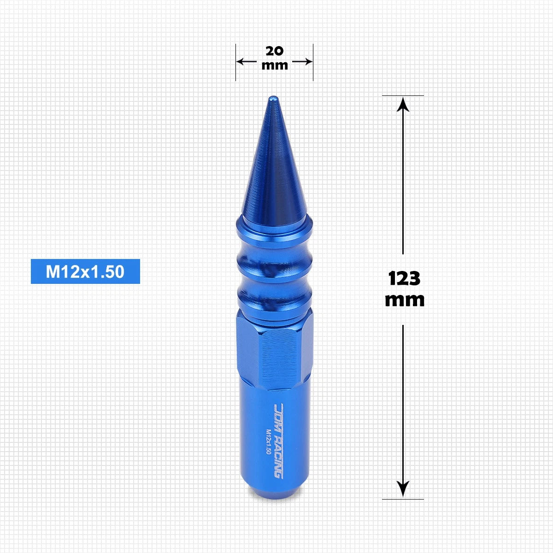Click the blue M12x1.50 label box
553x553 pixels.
[x=85, y=271]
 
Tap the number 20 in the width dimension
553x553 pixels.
[x=275, y=51]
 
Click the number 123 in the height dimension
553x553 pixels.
[x=404, y=278]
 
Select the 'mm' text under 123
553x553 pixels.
[x=405, y=300]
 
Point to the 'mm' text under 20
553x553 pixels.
[x=275, y=65]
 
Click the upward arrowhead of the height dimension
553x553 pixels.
[x=403, y=104]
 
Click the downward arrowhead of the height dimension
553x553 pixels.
[x=403, y=489]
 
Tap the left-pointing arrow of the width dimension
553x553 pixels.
[x=247, y=61]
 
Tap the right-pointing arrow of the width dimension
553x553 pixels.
[x=302, y=61]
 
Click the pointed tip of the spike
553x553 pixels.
[x=274, y=97]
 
